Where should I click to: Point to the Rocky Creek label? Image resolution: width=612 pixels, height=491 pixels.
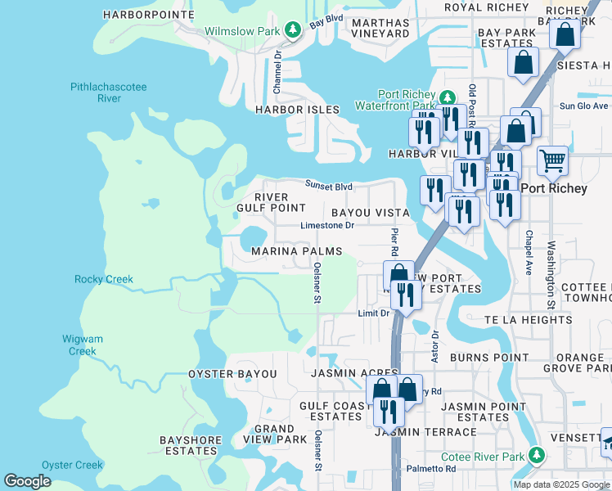pos(103,279)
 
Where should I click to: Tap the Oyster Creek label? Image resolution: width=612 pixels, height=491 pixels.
pos(72,465)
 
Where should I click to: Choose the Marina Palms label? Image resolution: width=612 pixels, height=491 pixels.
pos(296,250)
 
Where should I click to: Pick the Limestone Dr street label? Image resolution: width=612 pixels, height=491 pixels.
pos(327,225)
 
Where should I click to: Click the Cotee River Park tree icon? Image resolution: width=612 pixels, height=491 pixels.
pos(537,454)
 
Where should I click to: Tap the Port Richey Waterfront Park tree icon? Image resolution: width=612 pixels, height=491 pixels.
pos(447,96)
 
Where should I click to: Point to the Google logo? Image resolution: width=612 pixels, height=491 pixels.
pos(27,481)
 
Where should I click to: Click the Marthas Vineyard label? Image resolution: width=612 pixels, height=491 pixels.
pos(380,27)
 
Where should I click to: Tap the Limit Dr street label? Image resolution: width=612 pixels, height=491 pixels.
pos(374,313)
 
